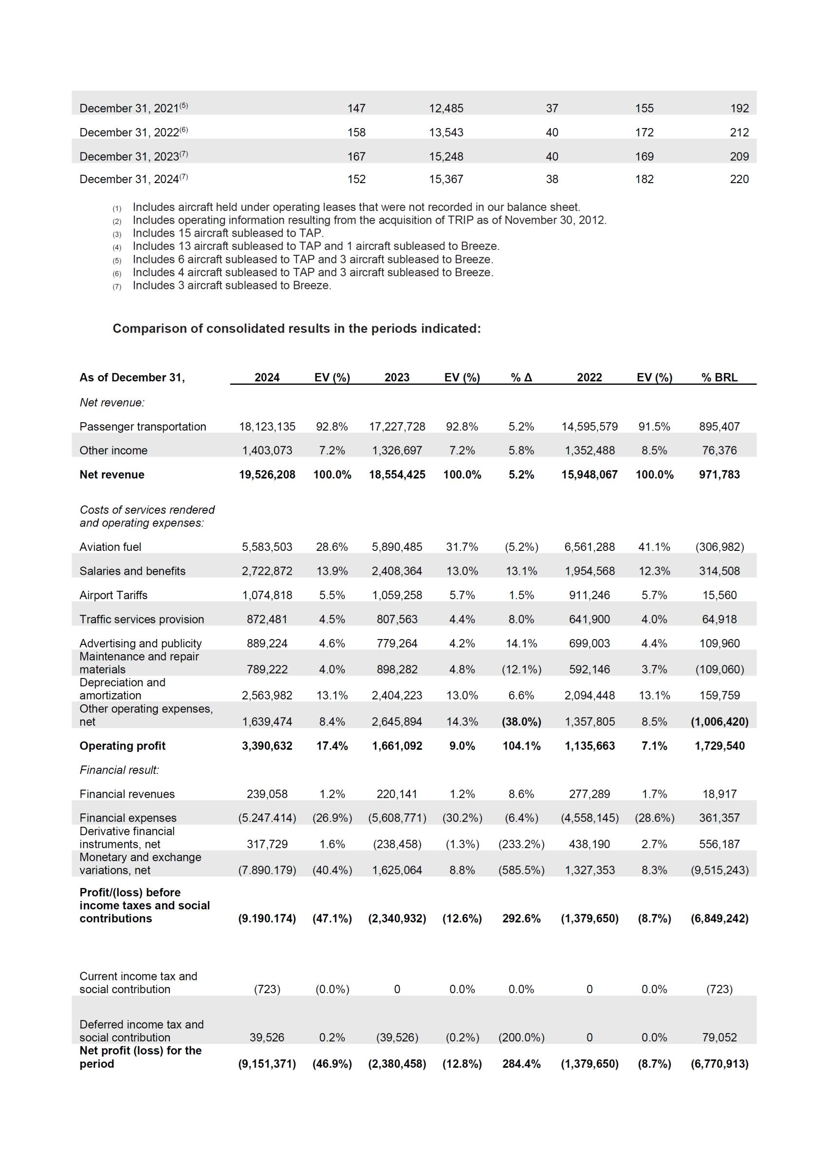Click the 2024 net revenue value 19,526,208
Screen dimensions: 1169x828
(267, 474)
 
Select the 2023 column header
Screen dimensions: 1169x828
(397, 377)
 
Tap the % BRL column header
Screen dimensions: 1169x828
(719, 377)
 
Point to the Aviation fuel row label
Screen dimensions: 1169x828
(110, 547)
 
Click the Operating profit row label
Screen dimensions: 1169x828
(122, 746)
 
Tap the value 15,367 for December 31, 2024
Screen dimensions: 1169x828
(445, 179)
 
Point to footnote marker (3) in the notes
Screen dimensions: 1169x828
(117, 234)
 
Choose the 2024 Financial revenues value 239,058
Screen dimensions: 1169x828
(267, 793)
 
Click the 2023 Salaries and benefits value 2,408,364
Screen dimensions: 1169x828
(397, 571)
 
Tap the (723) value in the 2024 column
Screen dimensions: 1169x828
(267, 989)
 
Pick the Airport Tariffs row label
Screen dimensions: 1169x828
(113, 595)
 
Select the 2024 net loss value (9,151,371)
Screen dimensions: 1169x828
(267, 1064)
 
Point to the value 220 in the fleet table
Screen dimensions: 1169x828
(739, 179)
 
